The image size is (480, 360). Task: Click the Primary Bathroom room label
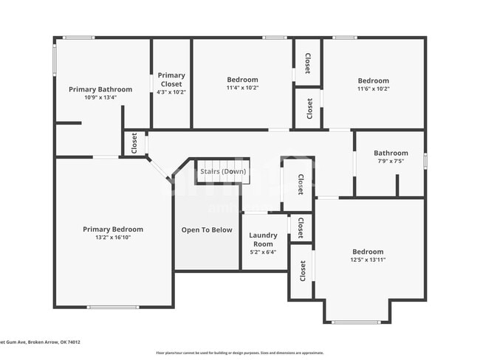(100, 89)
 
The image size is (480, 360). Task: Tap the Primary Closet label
(171, 75)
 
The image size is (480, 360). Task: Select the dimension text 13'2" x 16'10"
(113, 238)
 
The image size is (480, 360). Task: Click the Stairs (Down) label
(222, 171)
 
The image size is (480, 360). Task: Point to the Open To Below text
(207, 229)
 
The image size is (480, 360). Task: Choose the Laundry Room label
(264, 239)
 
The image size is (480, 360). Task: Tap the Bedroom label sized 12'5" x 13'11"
(367, 252)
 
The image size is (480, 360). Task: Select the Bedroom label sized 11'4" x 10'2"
(242, 80)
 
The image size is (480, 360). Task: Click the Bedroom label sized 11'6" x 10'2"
(373, 80)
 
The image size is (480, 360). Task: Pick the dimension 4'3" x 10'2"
(171, 92)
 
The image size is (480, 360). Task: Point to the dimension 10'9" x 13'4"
(100, 97)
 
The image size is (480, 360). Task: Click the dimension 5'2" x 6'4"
(264, 252)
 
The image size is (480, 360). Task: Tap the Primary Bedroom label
(113, 229)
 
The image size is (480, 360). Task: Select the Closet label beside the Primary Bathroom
(134, 143)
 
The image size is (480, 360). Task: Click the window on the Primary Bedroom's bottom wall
(113, 307)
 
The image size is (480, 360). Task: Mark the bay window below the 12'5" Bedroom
(357, 322)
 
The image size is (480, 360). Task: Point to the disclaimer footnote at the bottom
(240, 353)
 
